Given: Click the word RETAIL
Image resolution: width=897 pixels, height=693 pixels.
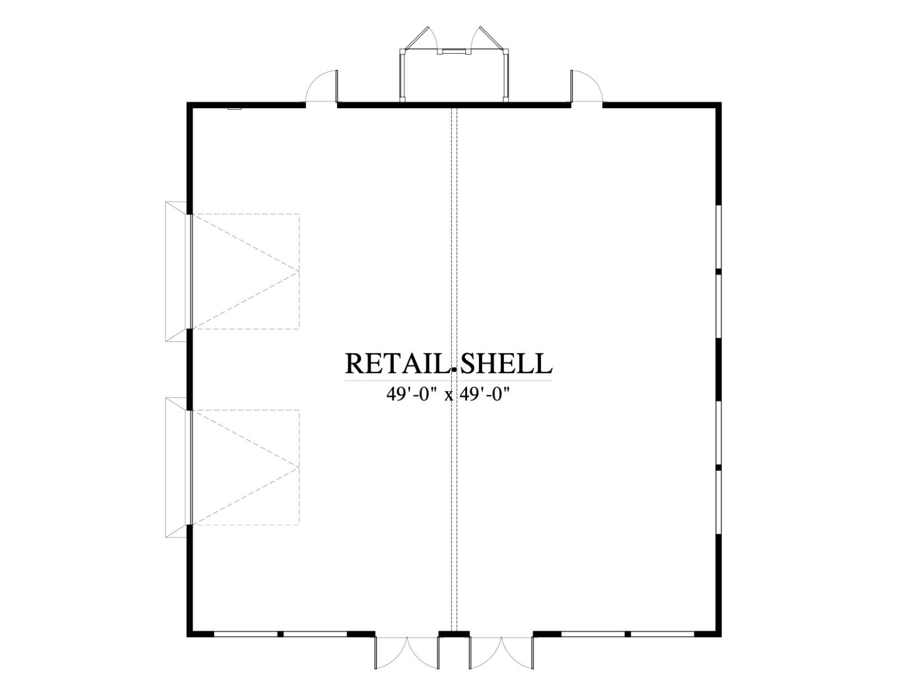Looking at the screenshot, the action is (x=397, y=364).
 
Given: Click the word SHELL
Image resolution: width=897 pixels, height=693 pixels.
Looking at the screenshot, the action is (x=505, y=364).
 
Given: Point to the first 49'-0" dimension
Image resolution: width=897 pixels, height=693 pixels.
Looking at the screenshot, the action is (x=412, y=395).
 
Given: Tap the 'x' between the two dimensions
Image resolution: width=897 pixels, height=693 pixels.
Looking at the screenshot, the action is (x=449, y=396).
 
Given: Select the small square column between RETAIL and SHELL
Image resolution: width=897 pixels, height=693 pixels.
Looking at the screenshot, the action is (x=454, y=370).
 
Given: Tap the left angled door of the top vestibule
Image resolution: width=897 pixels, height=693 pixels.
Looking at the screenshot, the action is (x=418, y=38).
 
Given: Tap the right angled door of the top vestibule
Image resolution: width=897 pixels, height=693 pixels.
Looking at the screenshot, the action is (x=489, y=38).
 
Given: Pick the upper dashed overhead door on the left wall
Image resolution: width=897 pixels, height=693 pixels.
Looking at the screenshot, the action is (x=245, y=271).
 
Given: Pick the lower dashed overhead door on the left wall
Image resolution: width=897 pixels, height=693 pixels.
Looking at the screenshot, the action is (x=245, y=467).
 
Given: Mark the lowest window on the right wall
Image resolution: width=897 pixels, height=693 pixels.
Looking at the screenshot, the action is (x=718, y=501).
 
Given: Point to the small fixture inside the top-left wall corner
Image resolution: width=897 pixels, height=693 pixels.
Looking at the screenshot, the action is (x=235, y=109).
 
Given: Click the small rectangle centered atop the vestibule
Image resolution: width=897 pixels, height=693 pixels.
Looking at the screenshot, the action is (x=454, y=52).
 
